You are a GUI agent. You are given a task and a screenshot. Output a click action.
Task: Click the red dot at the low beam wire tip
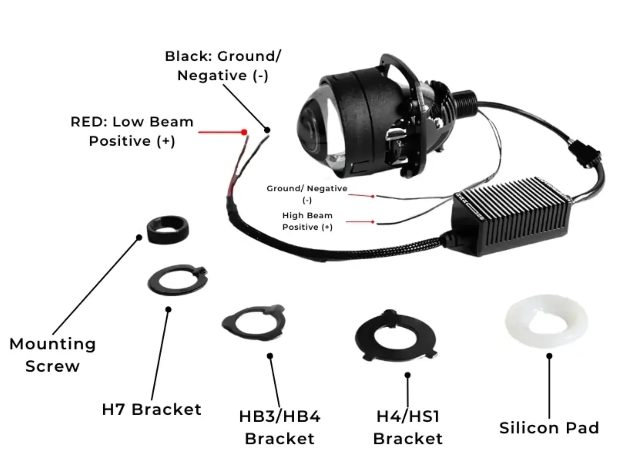tap(244, 132)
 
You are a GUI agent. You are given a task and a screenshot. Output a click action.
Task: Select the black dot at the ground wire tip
tap(267, 130)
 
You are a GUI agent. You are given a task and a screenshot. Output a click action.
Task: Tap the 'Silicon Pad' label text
tap(549, 428)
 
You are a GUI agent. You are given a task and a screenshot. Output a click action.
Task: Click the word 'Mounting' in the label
tap(52, 344)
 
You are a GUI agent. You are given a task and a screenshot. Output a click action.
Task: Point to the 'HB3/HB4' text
tap(279, 417)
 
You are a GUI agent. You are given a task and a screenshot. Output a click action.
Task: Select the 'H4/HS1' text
tap(408, 417)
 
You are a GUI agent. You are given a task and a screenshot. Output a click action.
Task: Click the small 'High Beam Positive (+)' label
tap(307, 221)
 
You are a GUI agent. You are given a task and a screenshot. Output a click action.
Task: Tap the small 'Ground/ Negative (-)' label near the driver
tap(307, 194)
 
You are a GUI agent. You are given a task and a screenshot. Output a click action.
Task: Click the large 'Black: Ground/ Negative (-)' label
tap(223, 66)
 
